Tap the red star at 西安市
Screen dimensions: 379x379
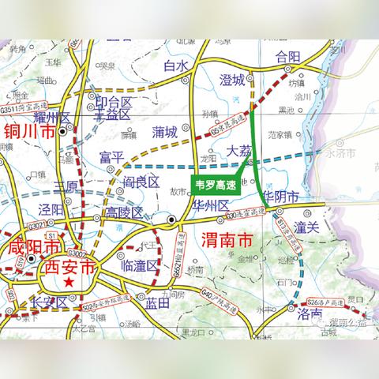(71, 281)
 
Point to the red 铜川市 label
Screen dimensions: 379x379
(29, 131)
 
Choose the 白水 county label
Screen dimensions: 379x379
(178, 67)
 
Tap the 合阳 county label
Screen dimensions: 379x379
(288, 58)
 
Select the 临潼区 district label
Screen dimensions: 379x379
(141, 266)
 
